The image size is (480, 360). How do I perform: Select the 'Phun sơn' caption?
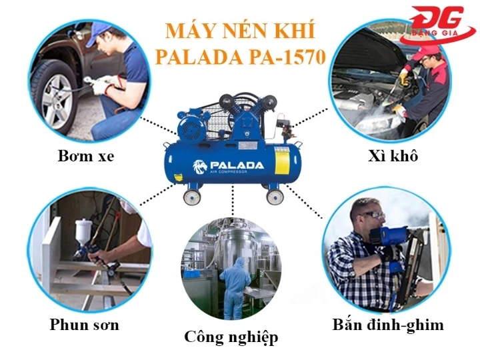pyautogui.click(x=84, y=325)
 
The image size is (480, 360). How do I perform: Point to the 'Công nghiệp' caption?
pyautogui.click(x=231, y=336)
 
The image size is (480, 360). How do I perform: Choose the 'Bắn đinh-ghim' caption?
pyautogui.click(x=388, y=325)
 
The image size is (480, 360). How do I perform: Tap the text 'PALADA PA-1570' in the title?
pyautogui.click(x=241, y=57)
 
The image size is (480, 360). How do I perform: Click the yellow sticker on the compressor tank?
pyautogui.click(x=282, y=163)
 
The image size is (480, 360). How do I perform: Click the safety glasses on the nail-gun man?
pyautogui.click(x=372, y=216)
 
